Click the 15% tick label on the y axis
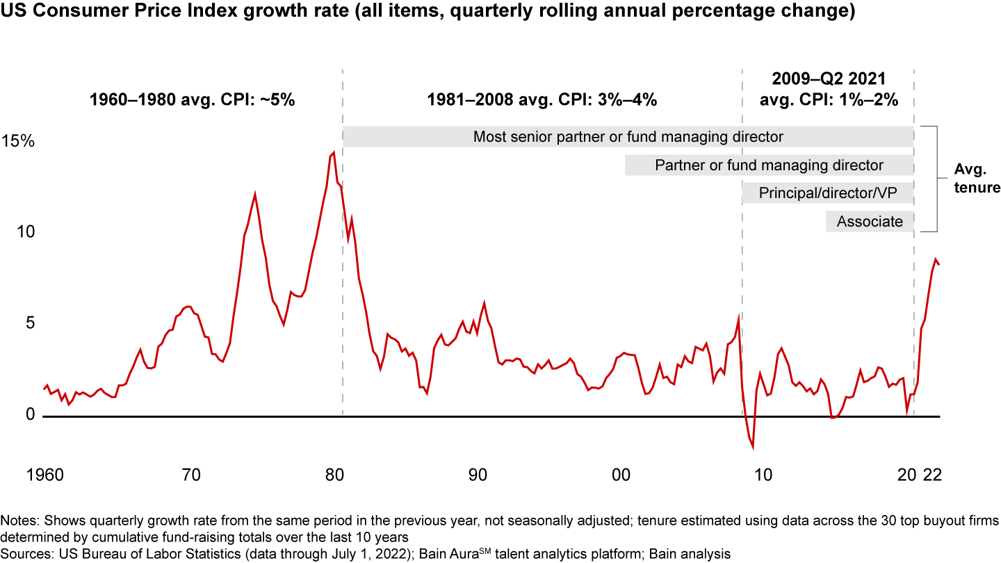point(18,142)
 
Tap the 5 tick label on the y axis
point(28,323)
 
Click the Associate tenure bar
point(870,222)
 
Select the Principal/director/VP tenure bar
point(827,193)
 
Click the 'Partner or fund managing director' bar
point(769,165)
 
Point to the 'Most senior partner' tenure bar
point(628,137)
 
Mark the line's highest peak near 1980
point(334,152)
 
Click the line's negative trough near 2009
point(753,448)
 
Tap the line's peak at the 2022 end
point(935,259)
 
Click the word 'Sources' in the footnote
point(22,553)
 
